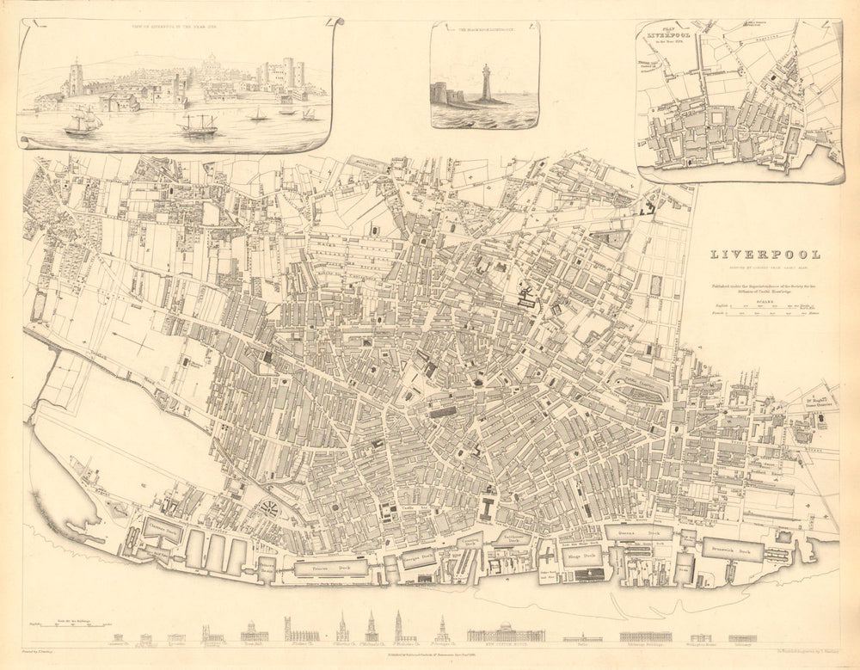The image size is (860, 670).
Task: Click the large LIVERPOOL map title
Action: tap(764, 255)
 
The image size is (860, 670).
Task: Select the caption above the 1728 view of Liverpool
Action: tap(172, 26)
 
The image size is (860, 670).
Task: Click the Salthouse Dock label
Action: tap(513, 538)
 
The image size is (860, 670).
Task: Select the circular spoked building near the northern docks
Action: tap(268, 508)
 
